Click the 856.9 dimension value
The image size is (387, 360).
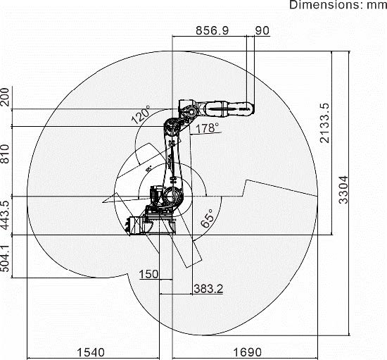click(x=212, y=30)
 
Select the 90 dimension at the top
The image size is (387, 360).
click(x=262, y=30)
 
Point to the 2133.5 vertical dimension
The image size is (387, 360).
click(x=324, y=123)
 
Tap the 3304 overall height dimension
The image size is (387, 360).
click(x=343, y=190)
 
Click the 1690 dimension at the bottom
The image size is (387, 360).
click(x=247, y=352)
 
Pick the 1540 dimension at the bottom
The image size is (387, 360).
click(x=91, y=352)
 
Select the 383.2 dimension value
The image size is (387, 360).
click(x=208, y=289)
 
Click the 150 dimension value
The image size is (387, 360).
click(x=148, y=274)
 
